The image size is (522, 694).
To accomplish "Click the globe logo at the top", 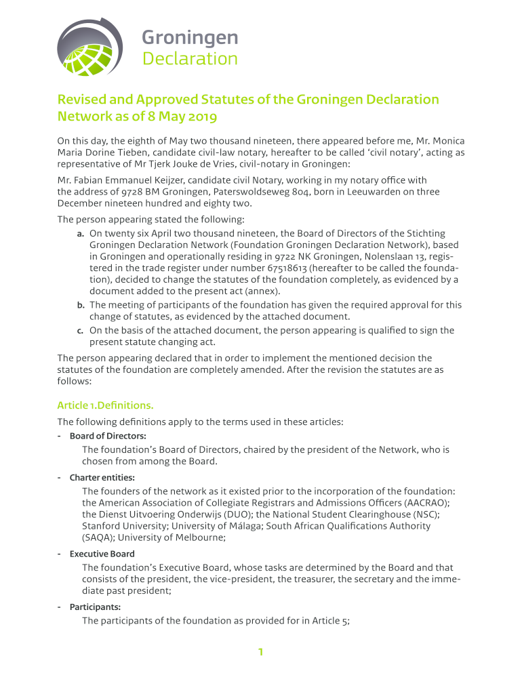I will click(x=89, y=47).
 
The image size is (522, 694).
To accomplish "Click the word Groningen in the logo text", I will click(x=190, y=37).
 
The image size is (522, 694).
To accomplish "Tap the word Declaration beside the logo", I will click(x=190, y=60).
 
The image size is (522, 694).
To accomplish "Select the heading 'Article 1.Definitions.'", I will click(x=105, y=405).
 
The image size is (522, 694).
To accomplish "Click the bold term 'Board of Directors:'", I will click(x=108, y=436).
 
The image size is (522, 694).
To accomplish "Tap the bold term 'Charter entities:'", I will click(x=102, y=477).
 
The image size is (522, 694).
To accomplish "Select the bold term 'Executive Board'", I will click(x=102, y=554).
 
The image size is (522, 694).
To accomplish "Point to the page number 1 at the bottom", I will click(x=260, y=653).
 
